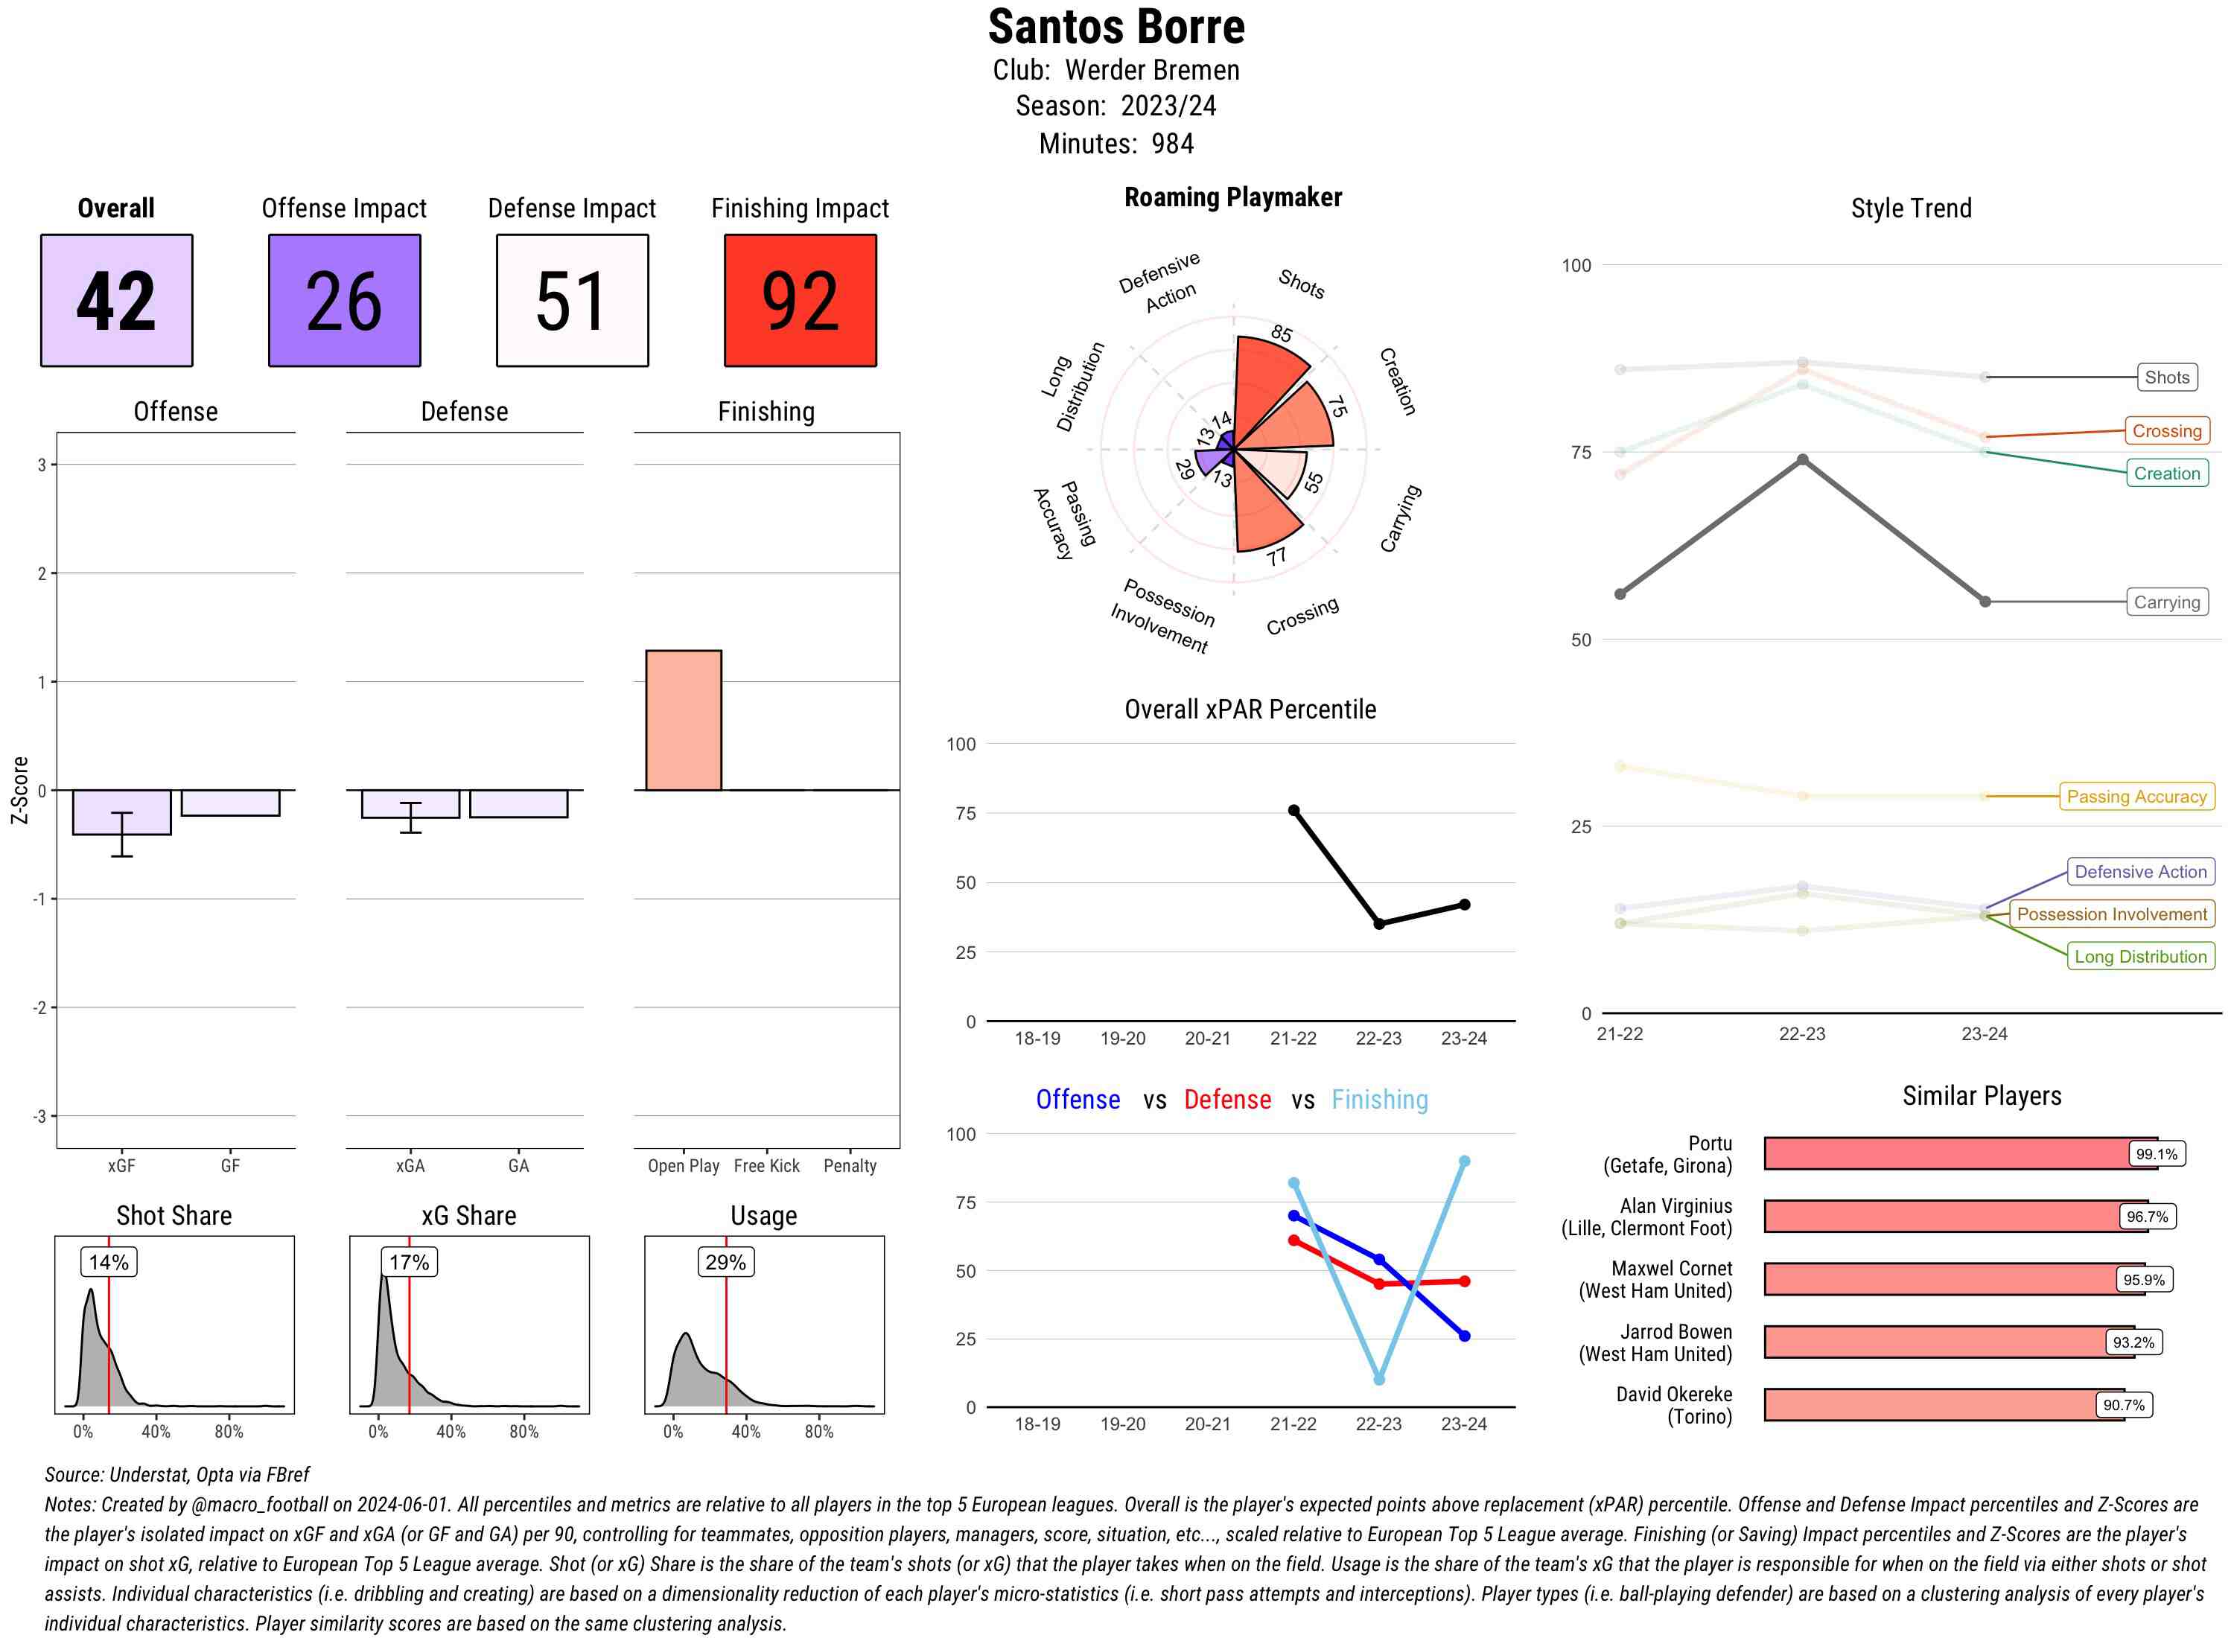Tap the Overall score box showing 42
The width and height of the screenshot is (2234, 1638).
116,301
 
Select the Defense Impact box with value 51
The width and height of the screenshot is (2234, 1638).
572,301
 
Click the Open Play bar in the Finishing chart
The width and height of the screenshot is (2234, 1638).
683,720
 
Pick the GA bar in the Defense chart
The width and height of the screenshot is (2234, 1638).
518,803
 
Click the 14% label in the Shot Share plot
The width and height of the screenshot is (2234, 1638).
108,1262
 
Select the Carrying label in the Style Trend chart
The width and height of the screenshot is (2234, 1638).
2165,602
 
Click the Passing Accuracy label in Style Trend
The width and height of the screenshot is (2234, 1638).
2136,796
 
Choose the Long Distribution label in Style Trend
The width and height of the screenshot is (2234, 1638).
2140,956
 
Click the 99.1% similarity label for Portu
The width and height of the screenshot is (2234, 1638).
2156,1154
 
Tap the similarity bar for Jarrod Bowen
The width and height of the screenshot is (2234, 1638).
1934,1342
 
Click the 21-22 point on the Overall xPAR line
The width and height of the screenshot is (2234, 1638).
1293,810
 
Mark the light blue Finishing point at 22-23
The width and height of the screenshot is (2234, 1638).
1378,1379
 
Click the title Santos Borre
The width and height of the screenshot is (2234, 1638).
1116,27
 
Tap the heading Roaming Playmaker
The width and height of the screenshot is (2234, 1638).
1232,197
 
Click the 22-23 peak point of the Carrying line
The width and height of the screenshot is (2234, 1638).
1801,459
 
